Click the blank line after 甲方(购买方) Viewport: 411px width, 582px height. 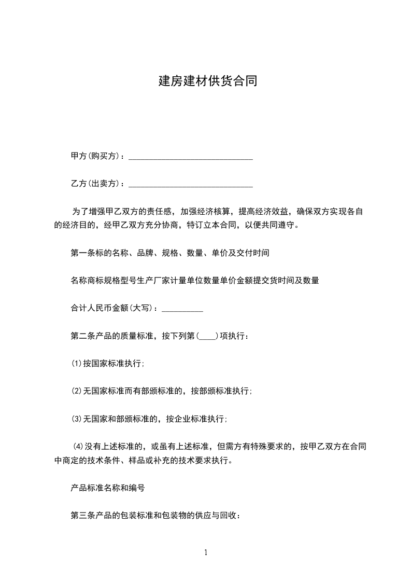click(190, 156)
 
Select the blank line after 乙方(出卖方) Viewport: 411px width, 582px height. click(190, 184)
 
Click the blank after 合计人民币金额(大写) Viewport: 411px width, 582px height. click(182, 309)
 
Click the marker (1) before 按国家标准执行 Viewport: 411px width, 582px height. click(76, 364)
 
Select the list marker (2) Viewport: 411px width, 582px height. click(76, 391)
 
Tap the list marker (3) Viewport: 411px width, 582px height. click(76, 419)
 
